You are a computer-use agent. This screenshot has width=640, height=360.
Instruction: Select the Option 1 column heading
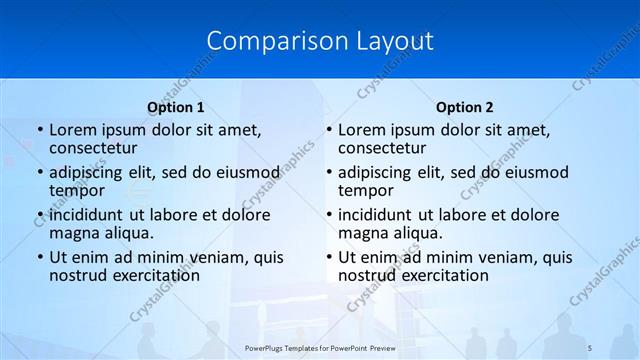[176, 107]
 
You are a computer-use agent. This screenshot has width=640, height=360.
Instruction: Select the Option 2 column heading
[465, 107]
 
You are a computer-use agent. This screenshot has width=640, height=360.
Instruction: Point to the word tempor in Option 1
[77, 190]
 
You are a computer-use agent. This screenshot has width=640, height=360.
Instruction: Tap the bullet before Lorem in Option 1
[39, 130]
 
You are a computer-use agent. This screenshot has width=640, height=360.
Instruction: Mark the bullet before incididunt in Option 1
[39, 215]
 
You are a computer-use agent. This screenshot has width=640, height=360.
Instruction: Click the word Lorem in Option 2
[361, 130]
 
